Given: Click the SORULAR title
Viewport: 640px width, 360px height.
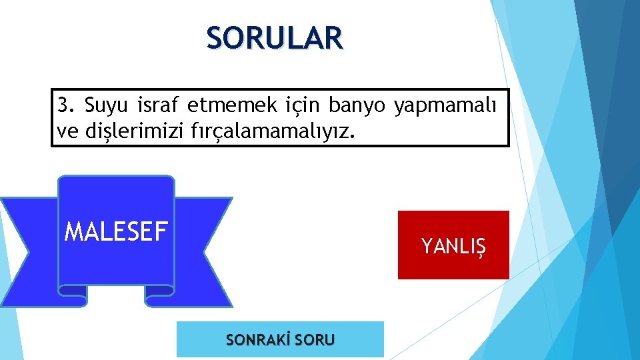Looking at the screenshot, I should [x=275, y=38].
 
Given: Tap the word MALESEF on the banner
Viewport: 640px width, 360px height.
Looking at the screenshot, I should [x=115, y=231].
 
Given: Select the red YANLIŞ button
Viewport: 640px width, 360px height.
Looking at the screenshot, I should [x=453, y=245].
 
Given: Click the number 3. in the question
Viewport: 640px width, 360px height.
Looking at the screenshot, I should [x=67, y=105].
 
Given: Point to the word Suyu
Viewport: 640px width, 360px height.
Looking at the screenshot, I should [x=107, y=105].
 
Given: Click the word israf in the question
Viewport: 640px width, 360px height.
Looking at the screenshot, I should [x=159, y=105].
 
